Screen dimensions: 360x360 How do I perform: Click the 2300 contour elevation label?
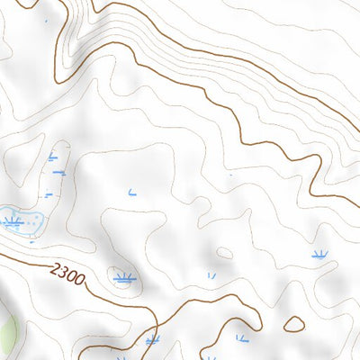[67, 273]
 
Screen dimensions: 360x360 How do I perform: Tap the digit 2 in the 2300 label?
[57, 267]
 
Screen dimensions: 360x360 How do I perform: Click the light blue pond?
[22, 221]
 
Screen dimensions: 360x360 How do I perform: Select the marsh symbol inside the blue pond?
[13, 220]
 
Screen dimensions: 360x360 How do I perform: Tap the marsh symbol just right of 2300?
[124, 279]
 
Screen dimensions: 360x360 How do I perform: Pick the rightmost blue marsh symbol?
[319, 255]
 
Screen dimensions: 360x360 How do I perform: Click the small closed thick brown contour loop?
[295, 323]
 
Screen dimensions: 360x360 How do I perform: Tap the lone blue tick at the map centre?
[132, 191]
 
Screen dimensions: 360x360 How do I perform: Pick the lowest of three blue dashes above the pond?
[49, 193]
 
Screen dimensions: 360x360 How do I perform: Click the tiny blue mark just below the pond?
[32, 241]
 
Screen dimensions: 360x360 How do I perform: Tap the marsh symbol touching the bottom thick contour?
[152, 340]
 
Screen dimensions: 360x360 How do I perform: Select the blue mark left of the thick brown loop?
[241, 338]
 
